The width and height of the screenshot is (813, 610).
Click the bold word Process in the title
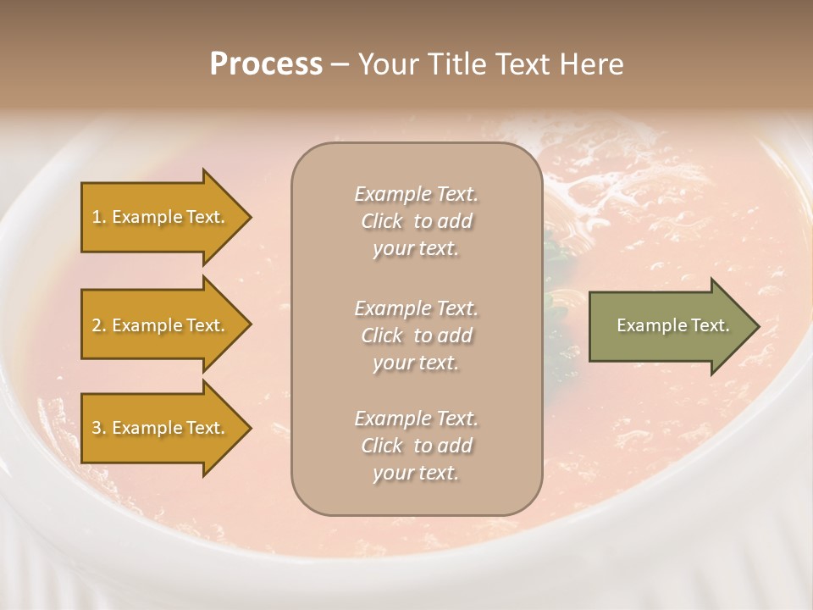coord(266,64)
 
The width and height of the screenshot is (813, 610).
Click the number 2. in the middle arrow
coord(99,325)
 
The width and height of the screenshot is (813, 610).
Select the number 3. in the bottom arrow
coord(99,428)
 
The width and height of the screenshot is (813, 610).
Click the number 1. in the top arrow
coord(99,217)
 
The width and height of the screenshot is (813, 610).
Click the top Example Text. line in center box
coord(416,194)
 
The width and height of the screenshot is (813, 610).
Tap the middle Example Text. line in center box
coord(416,308)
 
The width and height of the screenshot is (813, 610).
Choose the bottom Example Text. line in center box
coord(416,419)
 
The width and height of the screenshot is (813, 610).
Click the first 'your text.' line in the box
coord(416,249)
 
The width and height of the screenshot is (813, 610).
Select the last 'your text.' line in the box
coord(416,474)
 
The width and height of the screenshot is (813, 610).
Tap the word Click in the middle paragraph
coord(382,336)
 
